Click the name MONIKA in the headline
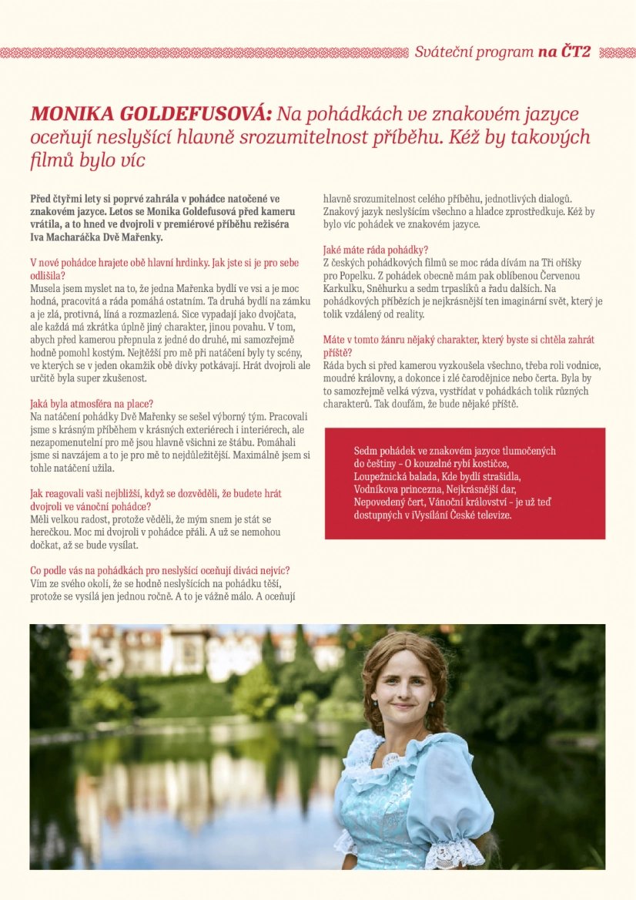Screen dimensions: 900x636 74,115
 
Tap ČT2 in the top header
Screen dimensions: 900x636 574,52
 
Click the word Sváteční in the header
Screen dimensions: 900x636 443,52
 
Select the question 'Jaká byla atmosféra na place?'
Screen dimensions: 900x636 92,404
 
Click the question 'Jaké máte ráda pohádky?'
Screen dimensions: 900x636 376,250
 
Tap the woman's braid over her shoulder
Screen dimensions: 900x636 437,717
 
